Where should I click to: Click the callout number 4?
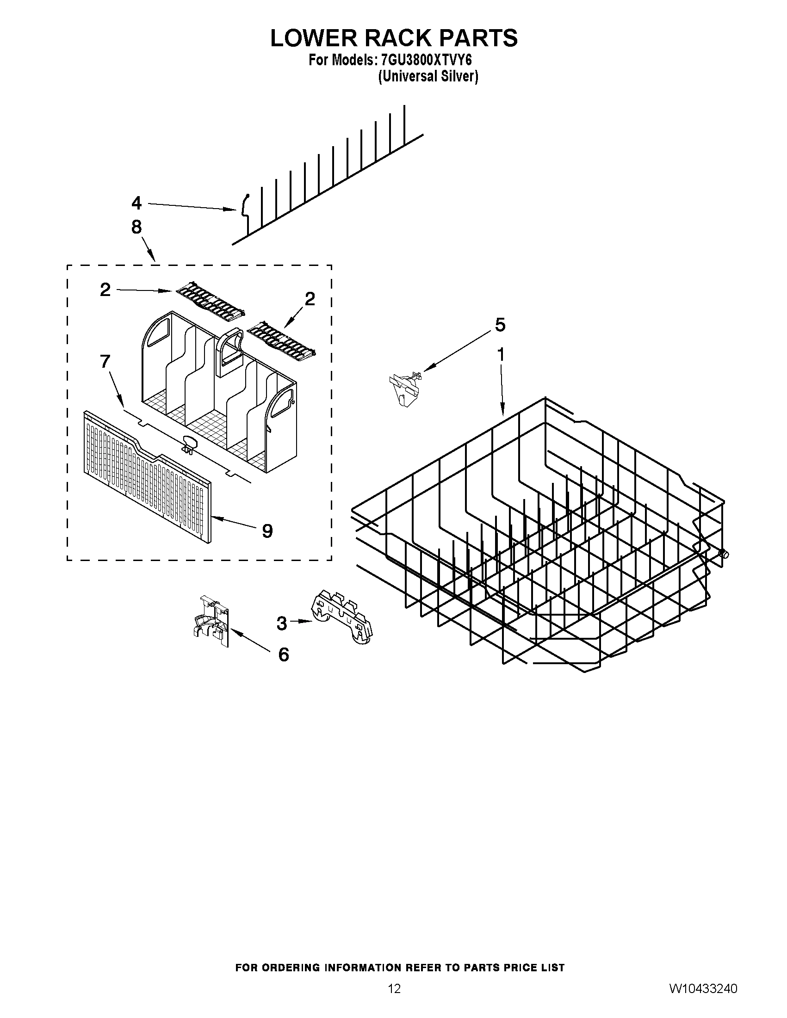point(136,203)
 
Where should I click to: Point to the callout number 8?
point(136,227)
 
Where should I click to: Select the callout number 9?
point(267,531)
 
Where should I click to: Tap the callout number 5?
point(500,325)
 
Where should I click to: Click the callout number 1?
point(501,355)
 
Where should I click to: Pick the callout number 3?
point(282,623)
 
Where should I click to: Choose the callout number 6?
point(284,655)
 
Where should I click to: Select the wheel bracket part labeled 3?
point(342,615)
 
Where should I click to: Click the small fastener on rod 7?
point(189,443)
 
